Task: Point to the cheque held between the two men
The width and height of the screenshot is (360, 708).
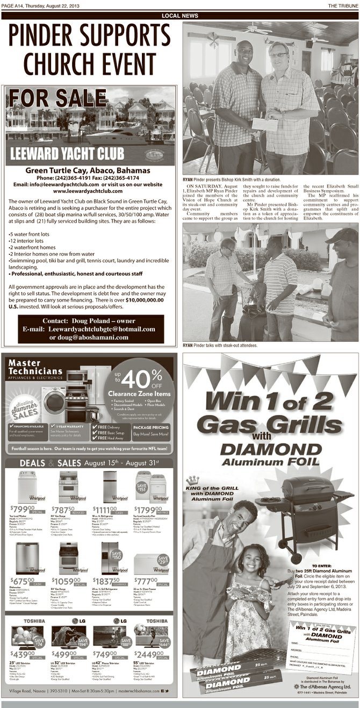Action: coord(264,124)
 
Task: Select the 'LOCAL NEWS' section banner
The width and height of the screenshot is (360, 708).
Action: coord(179,16)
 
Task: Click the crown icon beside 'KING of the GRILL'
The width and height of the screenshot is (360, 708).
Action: coord(189,480)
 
